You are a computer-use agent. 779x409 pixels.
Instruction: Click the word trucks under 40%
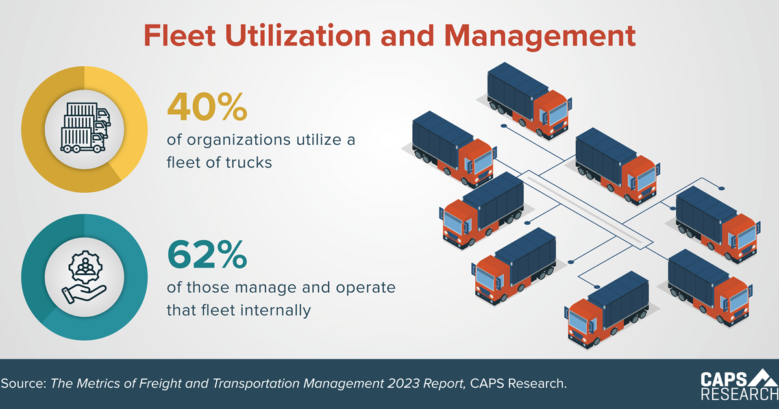[x=249, y=163]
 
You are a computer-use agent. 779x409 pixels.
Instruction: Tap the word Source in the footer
[x=22, y=384]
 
